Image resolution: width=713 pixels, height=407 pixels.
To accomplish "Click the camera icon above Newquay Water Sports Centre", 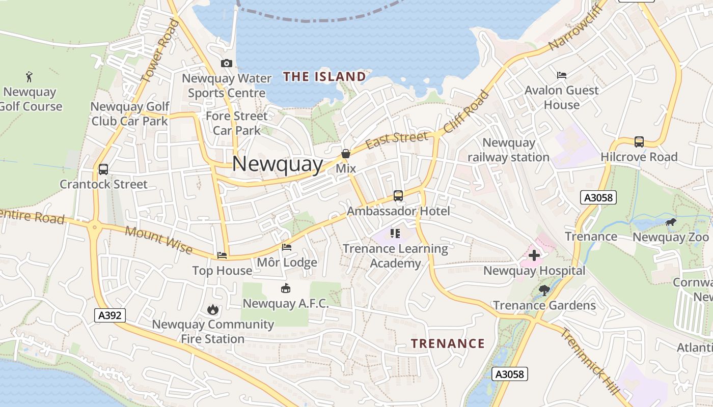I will [227, 64].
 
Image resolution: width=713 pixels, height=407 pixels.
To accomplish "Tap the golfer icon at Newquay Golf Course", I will [30, 77].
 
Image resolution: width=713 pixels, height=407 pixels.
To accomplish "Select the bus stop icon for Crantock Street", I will [103, 169].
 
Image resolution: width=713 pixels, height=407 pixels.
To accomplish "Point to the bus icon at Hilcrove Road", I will [639, 142].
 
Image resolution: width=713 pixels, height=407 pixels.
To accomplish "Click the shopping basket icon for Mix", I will [346, 154].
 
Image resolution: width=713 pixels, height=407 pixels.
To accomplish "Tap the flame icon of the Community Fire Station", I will [212, 309].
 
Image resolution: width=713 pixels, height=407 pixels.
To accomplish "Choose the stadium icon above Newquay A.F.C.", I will [286, 288].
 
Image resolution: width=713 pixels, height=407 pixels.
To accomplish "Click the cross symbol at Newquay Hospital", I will [534, 255].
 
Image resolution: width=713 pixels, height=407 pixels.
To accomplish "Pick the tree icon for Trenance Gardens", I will [544, 290].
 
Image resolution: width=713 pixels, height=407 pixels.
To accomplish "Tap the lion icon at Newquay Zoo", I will [671, 222].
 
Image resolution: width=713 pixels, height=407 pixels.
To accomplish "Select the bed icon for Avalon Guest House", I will [562, 75].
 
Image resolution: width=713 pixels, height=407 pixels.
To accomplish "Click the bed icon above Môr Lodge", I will [287, 247].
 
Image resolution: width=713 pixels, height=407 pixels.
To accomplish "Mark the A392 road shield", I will [110, 315].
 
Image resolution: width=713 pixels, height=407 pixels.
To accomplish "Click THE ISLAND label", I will [324, 77].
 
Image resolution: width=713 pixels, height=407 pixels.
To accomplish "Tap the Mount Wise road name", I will [158, 240].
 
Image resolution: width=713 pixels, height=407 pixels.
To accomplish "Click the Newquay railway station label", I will [508, 150].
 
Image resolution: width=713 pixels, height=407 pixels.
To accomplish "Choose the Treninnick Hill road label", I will [591, 362].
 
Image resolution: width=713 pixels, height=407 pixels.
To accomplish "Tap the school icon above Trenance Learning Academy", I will [395, 234].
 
